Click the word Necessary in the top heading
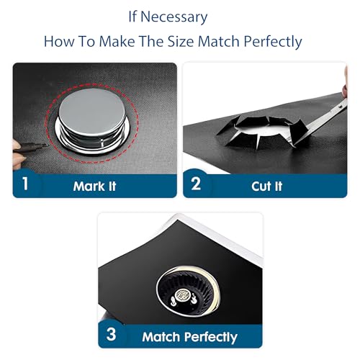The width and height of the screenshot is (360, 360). (174, 17)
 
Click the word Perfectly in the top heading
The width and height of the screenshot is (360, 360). (273, 42)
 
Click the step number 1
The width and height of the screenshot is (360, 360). (25, 184)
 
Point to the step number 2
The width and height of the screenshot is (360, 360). (196, 184)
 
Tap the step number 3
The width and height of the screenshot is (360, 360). (111, 334)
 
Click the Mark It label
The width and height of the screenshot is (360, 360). (94, 186)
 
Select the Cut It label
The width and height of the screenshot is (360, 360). (267, 186)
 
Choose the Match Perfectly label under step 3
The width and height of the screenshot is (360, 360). (189, 337)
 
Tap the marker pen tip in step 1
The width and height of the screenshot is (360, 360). (45, 145)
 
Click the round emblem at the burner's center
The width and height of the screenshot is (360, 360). (182, 294)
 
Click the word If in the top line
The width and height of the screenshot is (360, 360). (132, 17)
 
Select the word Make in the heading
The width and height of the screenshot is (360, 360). (117, 41)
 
